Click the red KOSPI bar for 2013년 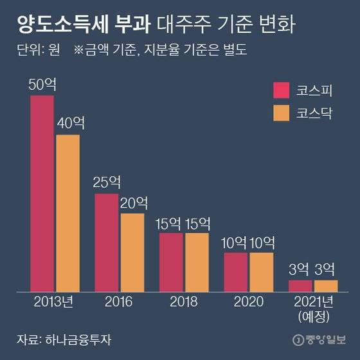(x=42, y=193)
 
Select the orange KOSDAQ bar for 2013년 (x=67, y=212)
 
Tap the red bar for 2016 (x=107, y=242)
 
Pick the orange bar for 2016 (x=132, y=251)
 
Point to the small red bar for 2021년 (x=300, y=285)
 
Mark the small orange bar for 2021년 (x=325, y=285)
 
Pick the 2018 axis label (x=184, y=301)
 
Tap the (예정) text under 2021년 (x=312, y=316)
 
